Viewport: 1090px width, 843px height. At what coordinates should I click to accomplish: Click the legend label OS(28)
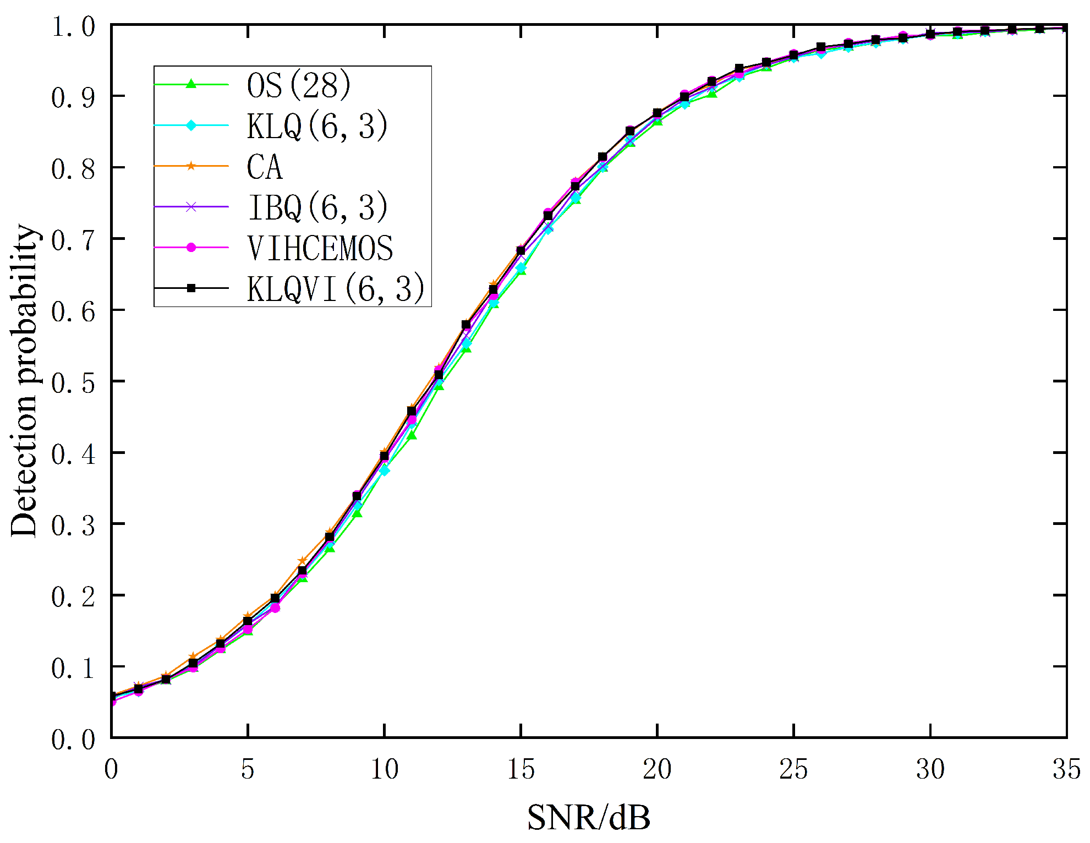(298, 85)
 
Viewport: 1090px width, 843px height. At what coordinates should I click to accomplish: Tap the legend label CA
(265, 167)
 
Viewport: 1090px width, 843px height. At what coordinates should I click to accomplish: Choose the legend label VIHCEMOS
(320, 248)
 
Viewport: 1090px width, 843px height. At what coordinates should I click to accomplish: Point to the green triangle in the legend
(191, 84)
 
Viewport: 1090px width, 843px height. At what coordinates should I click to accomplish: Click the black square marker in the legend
(191, 288)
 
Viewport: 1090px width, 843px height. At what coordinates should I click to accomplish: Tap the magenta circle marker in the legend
(191, 248)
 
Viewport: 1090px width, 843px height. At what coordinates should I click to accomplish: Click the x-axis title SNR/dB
(589, 818)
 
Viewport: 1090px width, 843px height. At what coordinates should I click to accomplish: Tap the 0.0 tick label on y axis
(73, 740)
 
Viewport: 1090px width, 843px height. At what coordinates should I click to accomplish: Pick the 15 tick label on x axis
(521, 769)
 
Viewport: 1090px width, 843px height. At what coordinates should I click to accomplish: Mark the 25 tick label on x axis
(793, 769)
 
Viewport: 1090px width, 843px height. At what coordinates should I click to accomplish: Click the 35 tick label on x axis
(1066, 769)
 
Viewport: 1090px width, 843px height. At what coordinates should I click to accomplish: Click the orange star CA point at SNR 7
(302, 561)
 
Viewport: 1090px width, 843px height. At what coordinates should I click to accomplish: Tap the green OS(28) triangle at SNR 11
(412, 435)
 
